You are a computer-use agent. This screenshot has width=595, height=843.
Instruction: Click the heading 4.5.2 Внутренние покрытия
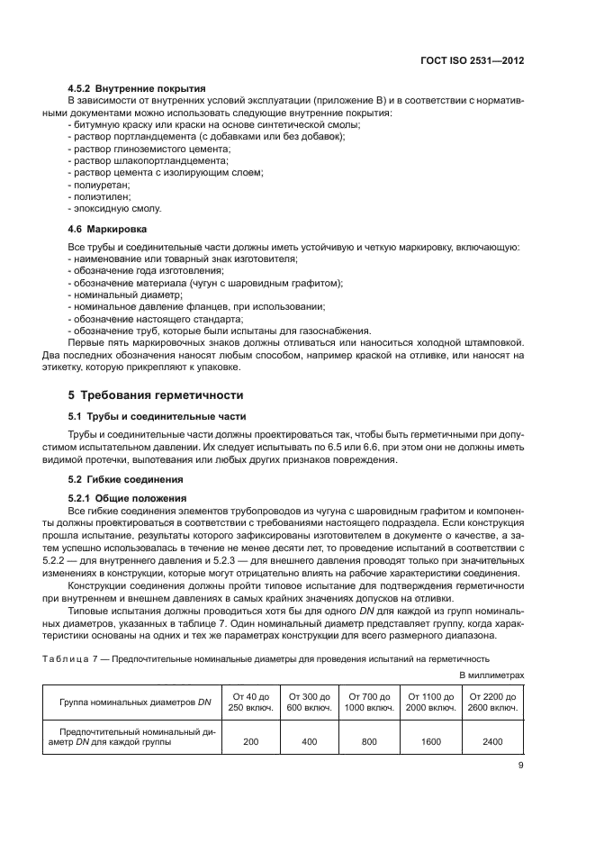tap(137, 88)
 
